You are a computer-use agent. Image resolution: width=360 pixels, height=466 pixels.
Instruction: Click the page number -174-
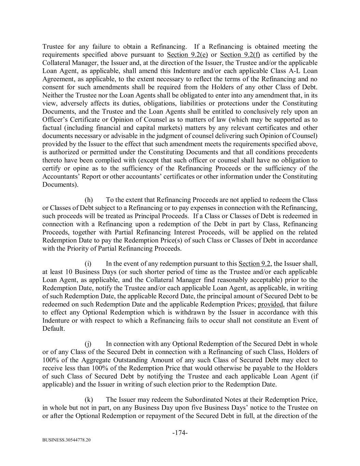[180, 433]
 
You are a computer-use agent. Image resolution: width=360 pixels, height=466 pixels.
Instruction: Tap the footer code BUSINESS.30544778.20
[67, 440]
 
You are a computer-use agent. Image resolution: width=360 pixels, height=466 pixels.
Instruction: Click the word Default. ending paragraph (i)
[54, 329]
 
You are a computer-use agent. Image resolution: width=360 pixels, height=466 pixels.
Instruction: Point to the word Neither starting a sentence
[54, 95]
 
